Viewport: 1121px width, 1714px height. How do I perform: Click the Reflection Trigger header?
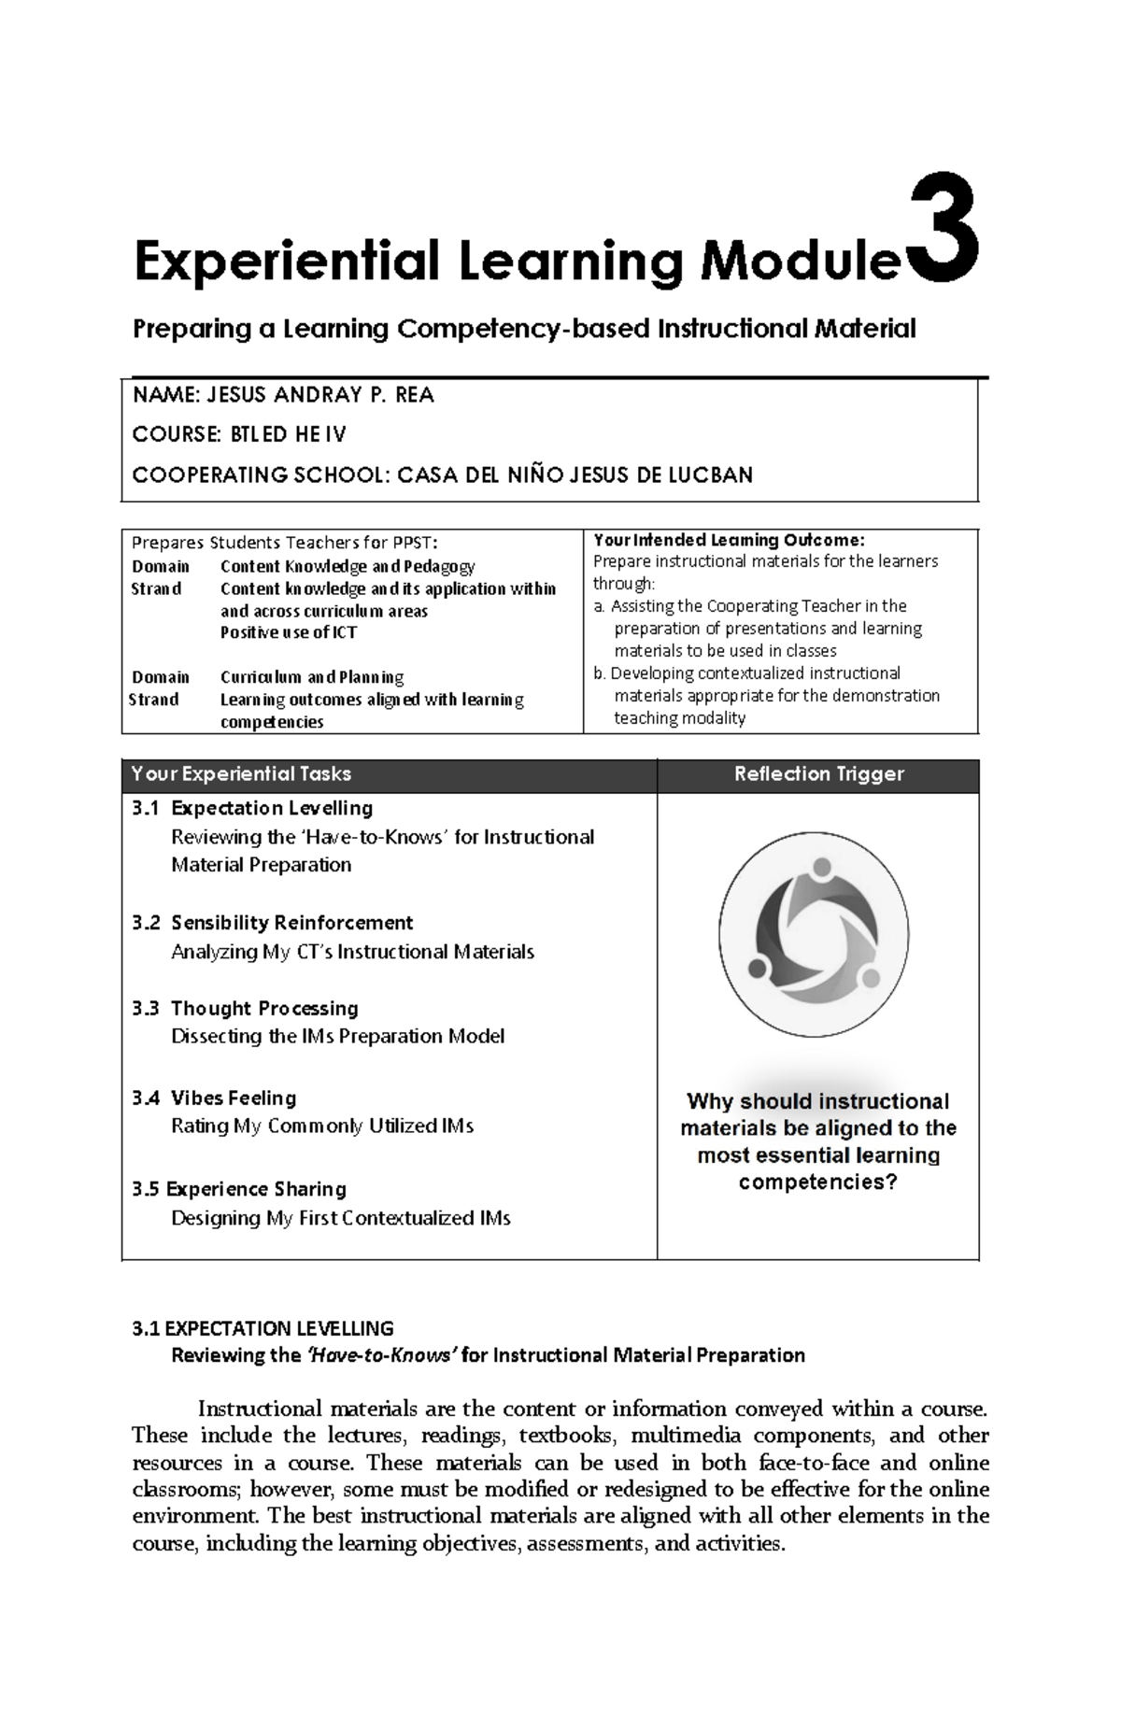(x=818, y=774)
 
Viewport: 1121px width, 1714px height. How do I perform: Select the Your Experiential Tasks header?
(x=242, y=774)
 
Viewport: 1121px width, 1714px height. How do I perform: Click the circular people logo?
(x=813, y=934)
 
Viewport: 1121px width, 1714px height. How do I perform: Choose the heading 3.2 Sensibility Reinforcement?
(x=273, y=923)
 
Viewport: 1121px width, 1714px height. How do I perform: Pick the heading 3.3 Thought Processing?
(x=246, y=1009)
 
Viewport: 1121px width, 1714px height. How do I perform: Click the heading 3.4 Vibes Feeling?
(x=215, y=1098)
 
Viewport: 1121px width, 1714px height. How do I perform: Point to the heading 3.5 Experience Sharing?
(x=239, y=1189)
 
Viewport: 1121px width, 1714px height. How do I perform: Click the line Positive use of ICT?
(x=288, y=632)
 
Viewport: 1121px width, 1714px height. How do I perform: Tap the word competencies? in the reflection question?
(x=817, y=1183)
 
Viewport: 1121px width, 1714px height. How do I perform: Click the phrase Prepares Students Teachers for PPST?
(x=283, y=543)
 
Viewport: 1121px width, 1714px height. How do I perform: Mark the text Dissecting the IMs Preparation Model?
(x=337, y=1036)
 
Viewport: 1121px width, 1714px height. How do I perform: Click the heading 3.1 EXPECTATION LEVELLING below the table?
(x=263, y=1328)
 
